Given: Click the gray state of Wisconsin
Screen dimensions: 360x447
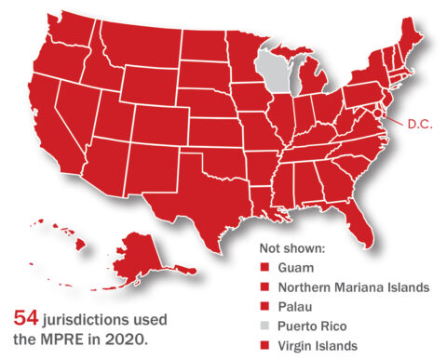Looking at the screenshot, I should pyautogui.click(x=271, y=73).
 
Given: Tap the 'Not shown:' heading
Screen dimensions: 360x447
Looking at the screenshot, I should pyautogui.click(x=294, y=248).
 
